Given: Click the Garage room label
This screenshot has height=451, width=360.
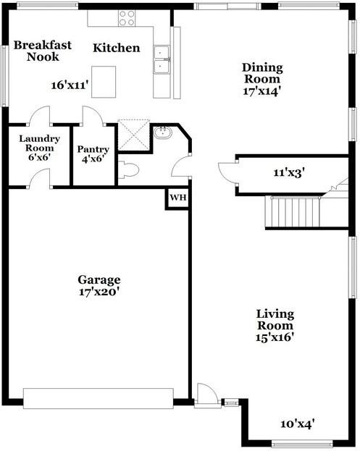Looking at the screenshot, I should [99, 280].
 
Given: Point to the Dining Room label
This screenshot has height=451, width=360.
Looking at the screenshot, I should [262, 73].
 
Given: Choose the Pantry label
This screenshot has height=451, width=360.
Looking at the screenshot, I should [93, 150].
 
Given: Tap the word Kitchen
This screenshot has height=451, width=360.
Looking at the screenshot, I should [116, 49].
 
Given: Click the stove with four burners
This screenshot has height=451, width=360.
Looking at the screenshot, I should [127, 17].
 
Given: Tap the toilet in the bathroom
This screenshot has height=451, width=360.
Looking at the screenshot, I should [128, 170].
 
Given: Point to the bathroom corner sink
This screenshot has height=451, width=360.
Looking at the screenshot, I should [162, 132].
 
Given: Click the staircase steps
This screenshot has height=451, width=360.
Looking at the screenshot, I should [293, 213].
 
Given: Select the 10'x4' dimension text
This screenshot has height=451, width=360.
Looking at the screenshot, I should [297, 423].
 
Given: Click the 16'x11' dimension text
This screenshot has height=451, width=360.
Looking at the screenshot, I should [70, 85].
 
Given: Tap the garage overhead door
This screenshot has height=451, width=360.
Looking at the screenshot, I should [99, 397].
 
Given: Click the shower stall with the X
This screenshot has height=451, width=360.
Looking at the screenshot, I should [133, 135].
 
